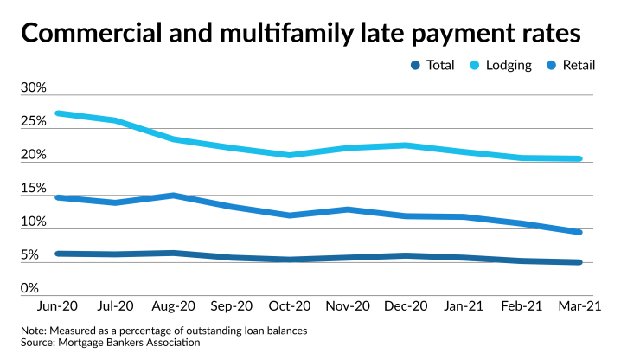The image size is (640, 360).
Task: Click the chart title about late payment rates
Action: tap(299, 34)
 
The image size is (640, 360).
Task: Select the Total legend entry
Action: tap(432, 65)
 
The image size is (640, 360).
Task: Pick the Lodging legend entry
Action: tap(502, 65)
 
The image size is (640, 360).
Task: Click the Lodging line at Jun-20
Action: tap(56, 113)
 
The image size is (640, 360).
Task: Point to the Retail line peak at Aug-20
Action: tap(174, 196)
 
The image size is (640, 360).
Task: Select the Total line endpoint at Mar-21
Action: tap(579, 262)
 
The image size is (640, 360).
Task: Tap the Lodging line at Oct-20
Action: tap(290, 155)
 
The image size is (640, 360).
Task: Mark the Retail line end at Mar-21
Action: tap(579, 232)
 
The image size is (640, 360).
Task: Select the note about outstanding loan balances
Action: tap(164, 331)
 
